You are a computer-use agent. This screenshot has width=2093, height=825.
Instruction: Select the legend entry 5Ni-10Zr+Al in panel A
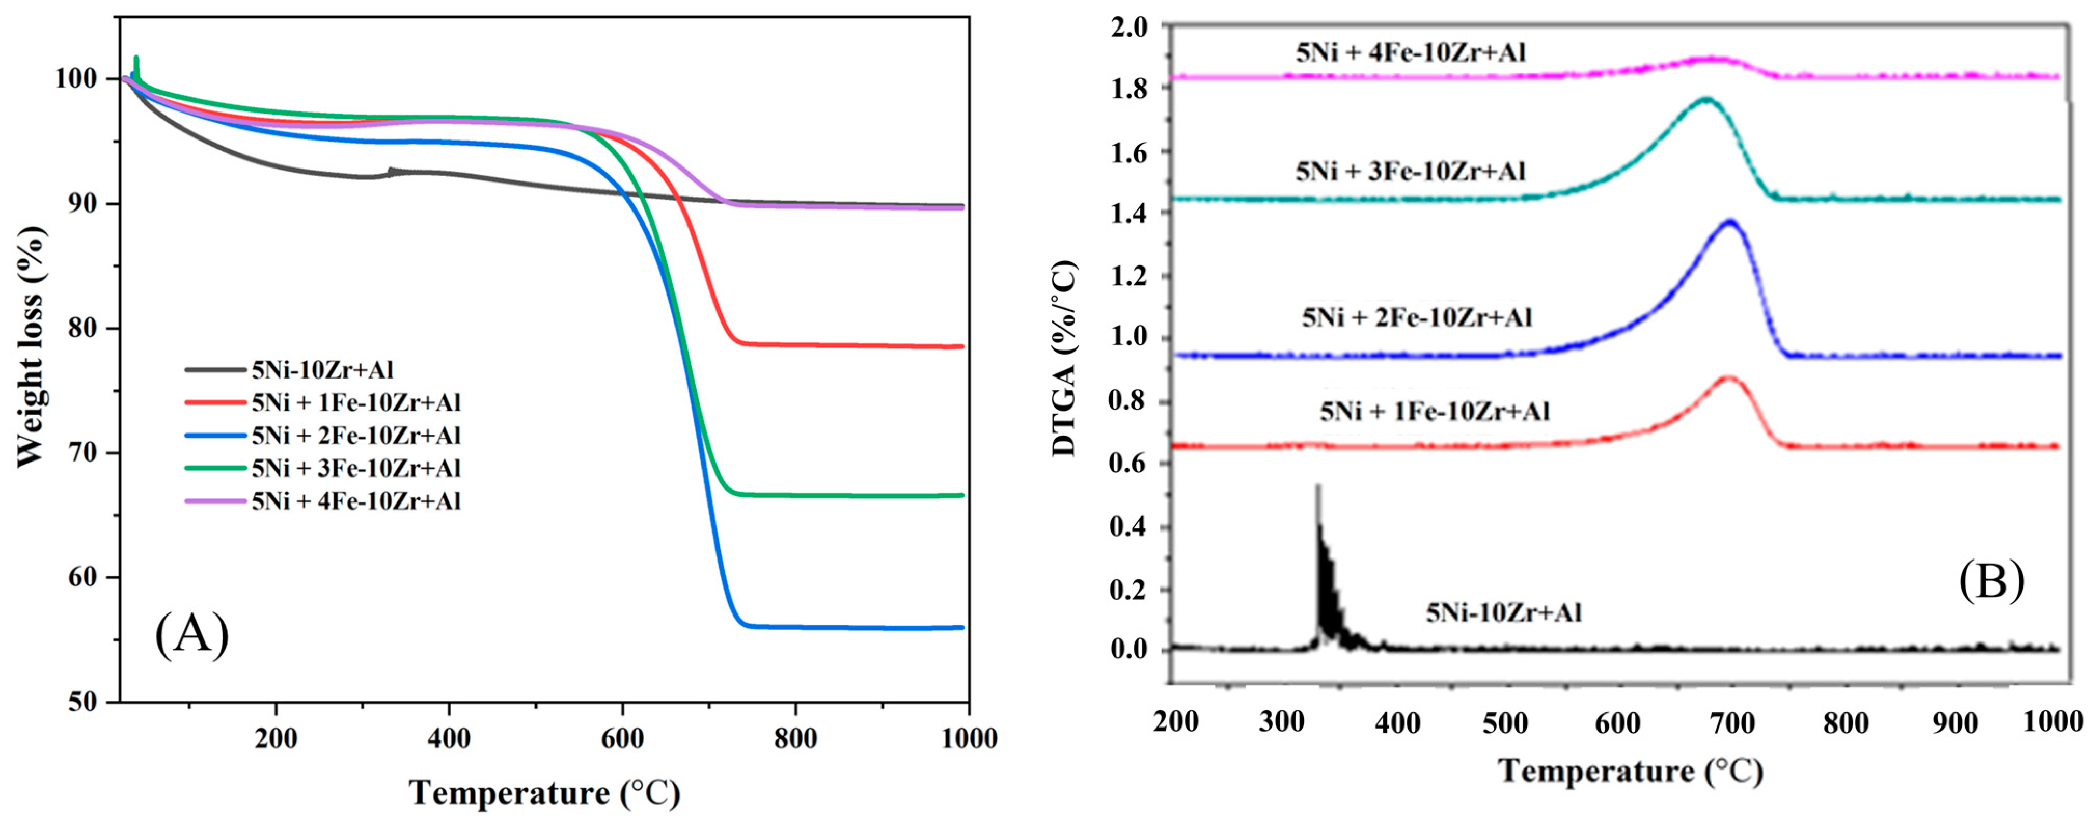(322, 370)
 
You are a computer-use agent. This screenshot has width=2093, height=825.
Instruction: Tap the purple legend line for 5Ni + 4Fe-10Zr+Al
(215, 501)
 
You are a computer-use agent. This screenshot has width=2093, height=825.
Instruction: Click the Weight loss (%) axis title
(31, 347)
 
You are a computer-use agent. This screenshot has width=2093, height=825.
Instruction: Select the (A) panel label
(192, 634)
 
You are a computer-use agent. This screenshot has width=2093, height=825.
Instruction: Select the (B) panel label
(1991, 581)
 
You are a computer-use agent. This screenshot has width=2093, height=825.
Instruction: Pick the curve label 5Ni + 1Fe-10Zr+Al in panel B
(1434, 412)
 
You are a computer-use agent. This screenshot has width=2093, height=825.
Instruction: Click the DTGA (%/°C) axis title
(1064, 358)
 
